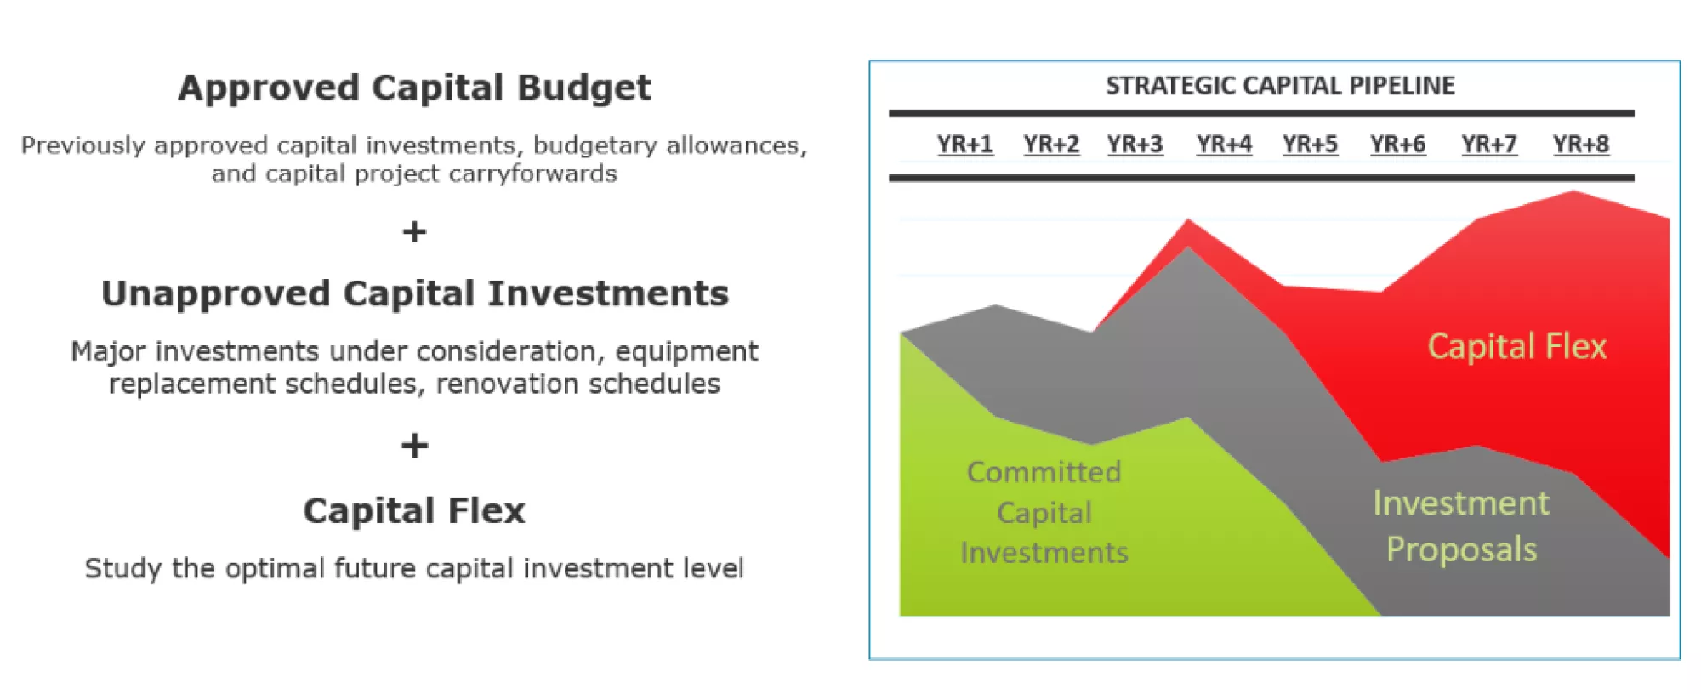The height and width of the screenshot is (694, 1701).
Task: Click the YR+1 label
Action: (x=964, y=145)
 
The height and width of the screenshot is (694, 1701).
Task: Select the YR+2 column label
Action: (x=1051, y=145)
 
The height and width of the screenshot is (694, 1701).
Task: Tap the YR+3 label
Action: (x=1135, y=145)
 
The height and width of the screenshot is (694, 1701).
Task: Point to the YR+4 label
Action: (x=1224, y=145)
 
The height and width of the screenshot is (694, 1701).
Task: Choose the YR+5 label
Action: (x=1310, y=145)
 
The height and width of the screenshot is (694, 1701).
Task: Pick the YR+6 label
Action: (x=1397, y=145)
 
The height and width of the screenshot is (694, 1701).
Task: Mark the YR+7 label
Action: (x=1488, y=145)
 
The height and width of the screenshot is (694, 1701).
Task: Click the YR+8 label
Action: (x=1580, y=145)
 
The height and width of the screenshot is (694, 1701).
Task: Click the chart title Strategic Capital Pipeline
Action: (x=1280, y=86)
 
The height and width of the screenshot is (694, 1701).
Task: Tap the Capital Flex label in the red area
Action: (x=1517, y=347)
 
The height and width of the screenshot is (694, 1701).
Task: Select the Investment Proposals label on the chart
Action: (x=1461, y=526)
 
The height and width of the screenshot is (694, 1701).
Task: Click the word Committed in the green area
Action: (x=1044, y=472)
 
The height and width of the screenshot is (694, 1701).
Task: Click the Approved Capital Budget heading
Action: (x=414, y=88)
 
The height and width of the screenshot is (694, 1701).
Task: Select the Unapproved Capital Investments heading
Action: (x=415, y=293)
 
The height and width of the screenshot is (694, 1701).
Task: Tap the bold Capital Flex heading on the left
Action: (x=414, y=511)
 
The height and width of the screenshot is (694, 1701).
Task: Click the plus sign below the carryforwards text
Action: (x=414, y=231)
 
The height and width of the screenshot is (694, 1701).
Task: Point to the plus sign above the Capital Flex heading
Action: (x=414, y=446)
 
